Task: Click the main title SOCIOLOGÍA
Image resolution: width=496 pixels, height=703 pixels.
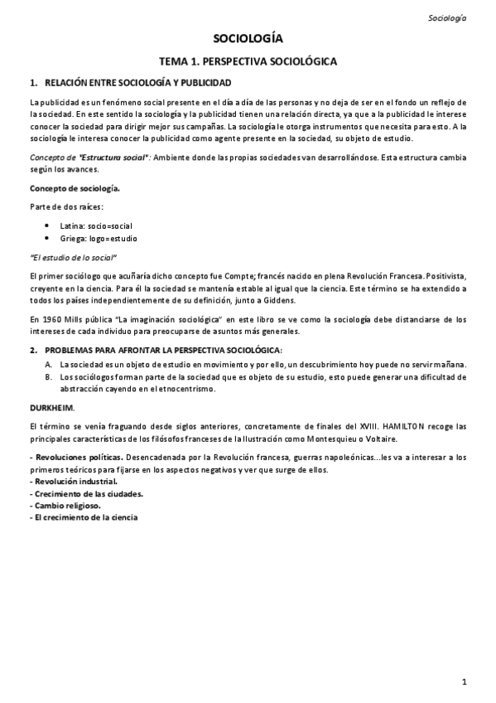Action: (x=248, y=39)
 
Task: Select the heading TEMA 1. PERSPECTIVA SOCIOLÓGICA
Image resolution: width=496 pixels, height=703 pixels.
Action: (x=248, y=61)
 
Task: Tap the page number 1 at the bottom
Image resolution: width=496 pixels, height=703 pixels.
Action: (x=465, y=681)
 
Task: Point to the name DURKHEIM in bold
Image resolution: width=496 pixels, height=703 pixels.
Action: (x=51, y=408)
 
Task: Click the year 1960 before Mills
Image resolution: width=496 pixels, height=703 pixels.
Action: (x=51, y=318)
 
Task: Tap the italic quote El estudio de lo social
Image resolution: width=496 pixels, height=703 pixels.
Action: (x=73, y=257)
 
